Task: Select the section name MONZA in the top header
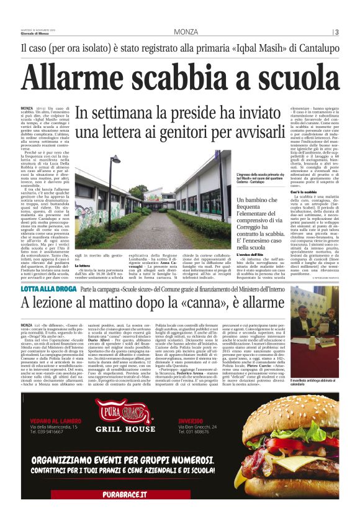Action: [186, 32]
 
